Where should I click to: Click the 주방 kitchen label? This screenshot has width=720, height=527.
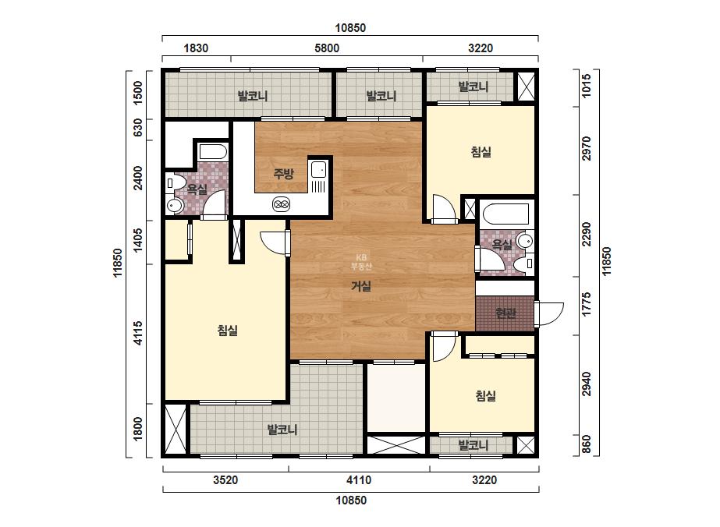pyautogui.click(x=283, y=174)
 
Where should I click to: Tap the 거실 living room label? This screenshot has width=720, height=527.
pyautogui.click(x=361, y=286)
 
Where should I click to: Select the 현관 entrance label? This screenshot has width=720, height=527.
pyautogui.click(x=505, y=313)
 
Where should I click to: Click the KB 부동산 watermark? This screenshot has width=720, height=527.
pyautogui.click(x=361, y=262)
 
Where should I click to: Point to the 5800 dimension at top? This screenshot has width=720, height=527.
pyautogui.click(x=327, y=48)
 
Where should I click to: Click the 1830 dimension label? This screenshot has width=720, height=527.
pyautogui.click(x=196, y=48)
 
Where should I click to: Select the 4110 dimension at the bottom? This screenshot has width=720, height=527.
pyautogui.click(x=359, y=480)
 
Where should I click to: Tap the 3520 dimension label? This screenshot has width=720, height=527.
pyautogui.click(x=225, y=480)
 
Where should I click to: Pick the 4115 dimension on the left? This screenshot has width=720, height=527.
pyautogui.click(x=138, y=334)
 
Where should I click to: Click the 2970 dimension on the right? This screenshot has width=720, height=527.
pyautogui.click(x=587, y=149)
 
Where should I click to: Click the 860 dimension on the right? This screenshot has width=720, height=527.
pyautogui.click(x=587, y=444)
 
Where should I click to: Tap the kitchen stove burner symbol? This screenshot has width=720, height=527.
pyautogui.click(x=281, y=204)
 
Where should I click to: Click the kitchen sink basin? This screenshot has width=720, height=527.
pyautogui.click(x=318, y=169)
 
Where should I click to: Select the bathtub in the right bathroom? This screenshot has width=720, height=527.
pyautogui.click(x=505, y=213)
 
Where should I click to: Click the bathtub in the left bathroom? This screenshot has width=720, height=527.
pyautogui.click(x=213, y=152)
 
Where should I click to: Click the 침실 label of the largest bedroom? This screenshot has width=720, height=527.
pyautogui.click(x=227, y=330)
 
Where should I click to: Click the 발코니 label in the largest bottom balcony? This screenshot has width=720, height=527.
pyautogui.click(x=282, y=430)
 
